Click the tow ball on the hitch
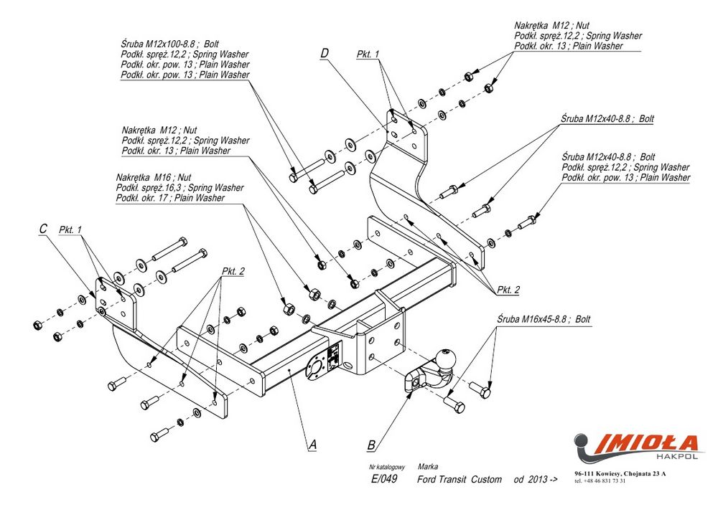[447, 357]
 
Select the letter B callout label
[370, 445]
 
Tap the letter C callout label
[43, 229]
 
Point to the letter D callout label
[325, 53]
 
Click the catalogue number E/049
[384, 479]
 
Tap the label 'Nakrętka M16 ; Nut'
[154, 177]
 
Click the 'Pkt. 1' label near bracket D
[368, 55]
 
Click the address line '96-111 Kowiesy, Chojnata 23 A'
[620, 474]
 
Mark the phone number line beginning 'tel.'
[600, 481]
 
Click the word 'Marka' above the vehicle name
[427, 466]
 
